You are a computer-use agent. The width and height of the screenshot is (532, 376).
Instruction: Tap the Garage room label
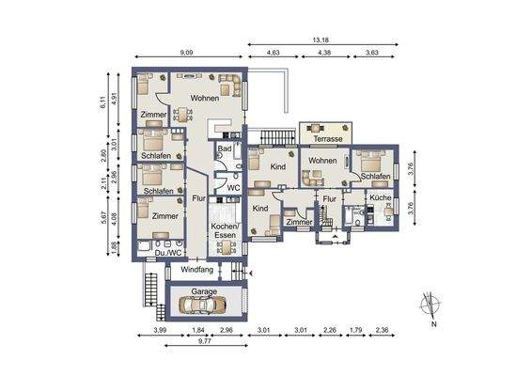[x=204, y=292]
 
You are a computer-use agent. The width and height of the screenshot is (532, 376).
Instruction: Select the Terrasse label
[x=327, y=138]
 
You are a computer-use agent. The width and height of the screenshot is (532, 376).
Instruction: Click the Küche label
[x=380, y=198]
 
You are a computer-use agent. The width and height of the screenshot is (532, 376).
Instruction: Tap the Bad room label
[x=225, y=149]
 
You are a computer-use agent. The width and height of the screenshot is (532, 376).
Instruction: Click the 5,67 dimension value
[x=103, y=214]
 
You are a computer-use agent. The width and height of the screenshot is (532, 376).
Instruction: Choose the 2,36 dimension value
[x=382, y=332]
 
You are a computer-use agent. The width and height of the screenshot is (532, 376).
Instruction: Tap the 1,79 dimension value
[x=356, y=332]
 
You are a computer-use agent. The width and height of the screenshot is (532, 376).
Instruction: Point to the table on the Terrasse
[x=326, y=126]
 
